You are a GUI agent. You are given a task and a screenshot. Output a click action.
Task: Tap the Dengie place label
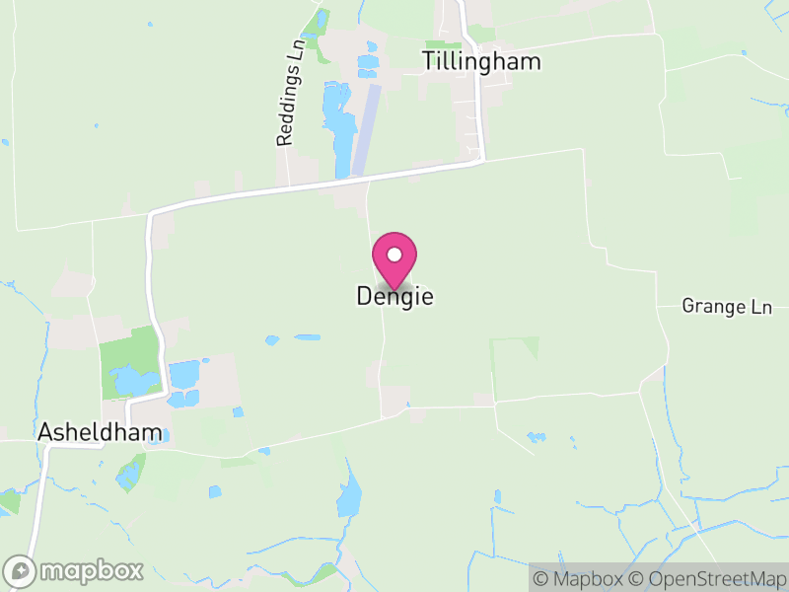[394, 296]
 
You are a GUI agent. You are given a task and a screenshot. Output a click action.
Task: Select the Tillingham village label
[481, 61]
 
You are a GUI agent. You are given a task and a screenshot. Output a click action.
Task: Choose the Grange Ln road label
[727, 307]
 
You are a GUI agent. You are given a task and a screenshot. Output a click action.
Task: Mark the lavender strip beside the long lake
[367, 128]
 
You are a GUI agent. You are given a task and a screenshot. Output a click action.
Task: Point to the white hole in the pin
[394, 255]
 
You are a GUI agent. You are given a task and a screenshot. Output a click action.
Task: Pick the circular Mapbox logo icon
[20, 570]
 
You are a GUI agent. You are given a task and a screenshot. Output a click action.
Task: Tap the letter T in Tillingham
[429, 61]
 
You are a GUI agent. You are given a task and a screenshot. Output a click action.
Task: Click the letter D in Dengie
[362, 296]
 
